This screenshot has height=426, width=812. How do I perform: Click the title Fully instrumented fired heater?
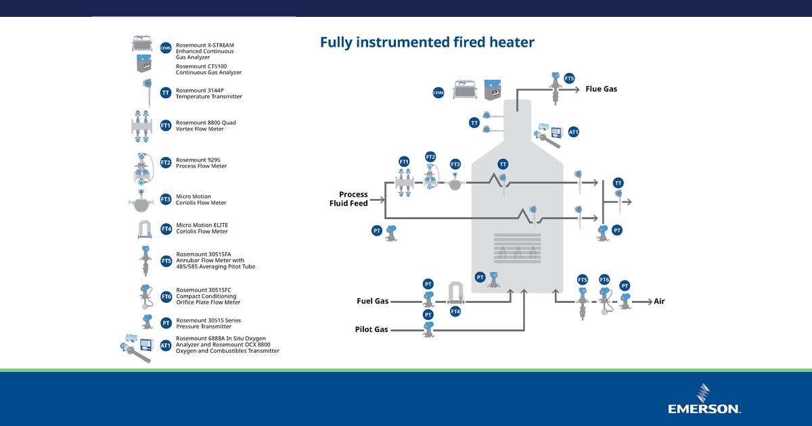point(427,43)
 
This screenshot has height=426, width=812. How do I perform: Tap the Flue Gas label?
point(601,89)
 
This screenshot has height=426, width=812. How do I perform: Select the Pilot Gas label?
point(371,329)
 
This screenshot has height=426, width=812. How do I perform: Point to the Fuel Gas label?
point(373,301)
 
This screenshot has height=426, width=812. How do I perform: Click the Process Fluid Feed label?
point(349,199)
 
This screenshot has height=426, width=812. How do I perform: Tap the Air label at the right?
point(659,301)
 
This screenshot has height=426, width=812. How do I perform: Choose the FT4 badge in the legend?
point(166,229)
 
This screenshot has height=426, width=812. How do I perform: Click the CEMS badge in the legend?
point(166,48)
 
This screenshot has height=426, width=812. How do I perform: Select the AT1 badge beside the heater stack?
point(573,132)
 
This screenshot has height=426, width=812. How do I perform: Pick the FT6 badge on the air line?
point(604,280)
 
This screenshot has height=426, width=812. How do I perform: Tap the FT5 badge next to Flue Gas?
point(569,78)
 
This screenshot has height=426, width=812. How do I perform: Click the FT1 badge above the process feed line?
point(404,162)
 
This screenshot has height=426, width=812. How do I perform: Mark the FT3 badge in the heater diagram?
point(455,164)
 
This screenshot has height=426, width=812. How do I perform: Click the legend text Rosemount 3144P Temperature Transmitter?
point(208,93)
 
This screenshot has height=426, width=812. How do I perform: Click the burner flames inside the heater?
point(518,253)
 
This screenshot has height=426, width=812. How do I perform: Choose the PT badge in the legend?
point(166,323)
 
